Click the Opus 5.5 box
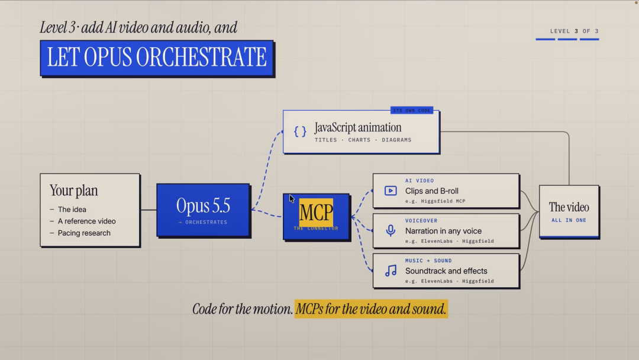tap(204, 210)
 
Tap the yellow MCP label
tap(316, 213)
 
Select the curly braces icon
tap(300, 131)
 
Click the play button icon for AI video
tap(390, 191)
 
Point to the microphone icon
tap(390, 230)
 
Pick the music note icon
tap(391, 271)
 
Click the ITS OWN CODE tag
tap(412, 111)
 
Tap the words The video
tap(569, 207)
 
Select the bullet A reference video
tap(83, 221)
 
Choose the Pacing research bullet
tap(80, 233)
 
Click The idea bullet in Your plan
tap(68, 210)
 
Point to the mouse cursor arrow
tap(292, 198)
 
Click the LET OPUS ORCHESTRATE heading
tap(157, 57)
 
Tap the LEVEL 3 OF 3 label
tap(574, 31)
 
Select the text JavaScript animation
tap(358, 128)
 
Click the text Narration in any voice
tap(443, 231)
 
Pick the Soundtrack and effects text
tap(446, 271)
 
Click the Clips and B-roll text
tap(431, 191)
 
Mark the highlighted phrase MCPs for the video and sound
tap(371, 309)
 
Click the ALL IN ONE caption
tap(569, 220)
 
